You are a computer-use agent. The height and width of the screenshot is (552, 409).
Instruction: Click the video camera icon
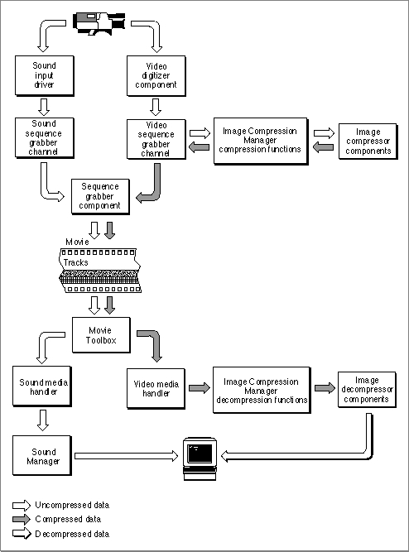tap(99, 23)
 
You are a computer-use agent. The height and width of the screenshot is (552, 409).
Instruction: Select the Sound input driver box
tap(45, 75)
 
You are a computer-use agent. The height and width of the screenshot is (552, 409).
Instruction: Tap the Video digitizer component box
tap(156, 75)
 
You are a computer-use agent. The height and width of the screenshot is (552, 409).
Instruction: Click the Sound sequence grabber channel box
tap(45, 138)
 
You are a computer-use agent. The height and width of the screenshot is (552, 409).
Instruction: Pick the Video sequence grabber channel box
tap(156, 139)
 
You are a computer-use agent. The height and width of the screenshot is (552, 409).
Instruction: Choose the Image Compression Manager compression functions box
tap(261, 141)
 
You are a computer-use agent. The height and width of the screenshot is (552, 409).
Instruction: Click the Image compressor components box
tap(368, 142)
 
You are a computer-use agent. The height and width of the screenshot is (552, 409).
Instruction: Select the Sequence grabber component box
tap(100, 197)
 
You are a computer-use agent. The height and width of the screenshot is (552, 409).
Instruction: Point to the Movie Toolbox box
tap(101, 335)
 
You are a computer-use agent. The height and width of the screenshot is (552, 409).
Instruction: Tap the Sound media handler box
tap(42, 386)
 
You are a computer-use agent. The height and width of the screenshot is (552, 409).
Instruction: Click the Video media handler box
tap(156, 389)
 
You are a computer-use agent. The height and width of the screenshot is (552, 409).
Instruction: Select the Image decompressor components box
tap(367, 390)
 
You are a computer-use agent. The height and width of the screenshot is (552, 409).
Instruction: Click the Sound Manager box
tap(42, 456)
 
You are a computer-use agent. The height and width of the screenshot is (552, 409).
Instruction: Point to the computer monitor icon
tap(200, 459)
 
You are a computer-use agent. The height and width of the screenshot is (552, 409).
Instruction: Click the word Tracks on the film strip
tap(75, 262)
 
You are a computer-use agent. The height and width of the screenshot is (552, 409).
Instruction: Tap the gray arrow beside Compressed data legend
tap(22, 519)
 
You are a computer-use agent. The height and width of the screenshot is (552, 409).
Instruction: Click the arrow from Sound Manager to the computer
tap(127, 456)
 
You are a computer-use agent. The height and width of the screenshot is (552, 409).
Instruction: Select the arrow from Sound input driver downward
tap(44, 107)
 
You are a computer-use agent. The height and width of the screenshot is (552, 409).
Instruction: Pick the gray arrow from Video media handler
tap(200, 388)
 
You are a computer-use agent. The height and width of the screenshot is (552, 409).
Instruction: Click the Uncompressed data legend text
tap(72, 505)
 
